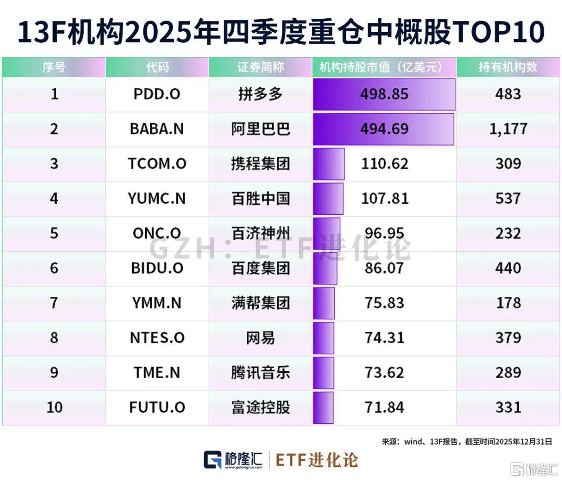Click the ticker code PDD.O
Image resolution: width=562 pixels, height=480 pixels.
click(157, 94)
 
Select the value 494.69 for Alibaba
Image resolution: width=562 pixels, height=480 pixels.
click(385, 129)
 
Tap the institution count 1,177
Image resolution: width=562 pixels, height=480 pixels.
click(508, 129)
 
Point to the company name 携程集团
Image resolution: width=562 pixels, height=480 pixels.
click(260, 164)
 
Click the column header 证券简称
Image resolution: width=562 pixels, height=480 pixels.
click(260, 67)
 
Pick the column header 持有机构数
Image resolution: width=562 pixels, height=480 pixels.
click(508, 67)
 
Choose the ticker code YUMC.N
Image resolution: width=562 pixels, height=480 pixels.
click(157, 199)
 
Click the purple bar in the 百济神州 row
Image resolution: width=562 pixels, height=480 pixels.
click(326, 233)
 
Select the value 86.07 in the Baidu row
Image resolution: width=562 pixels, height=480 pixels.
click(385, 268)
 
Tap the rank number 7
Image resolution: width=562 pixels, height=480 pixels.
click(54, 303)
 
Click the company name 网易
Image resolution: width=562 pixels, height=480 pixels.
click(260, 338)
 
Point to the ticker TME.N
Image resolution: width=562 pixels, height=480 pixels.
click(157, 372)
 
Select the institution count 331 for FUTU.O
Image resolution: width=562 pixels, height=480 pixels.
click(508, 407)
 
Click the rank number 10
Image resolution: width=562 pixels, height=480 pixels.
click(54, 407)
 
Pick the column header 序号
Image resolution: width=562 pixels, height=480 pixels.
click(54, 67)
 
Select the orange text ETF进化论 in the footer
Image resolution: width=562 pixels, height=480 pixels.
click(316, 460)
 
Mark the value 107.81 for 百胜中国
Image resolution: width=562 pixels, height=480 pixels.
click(385, 199)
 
